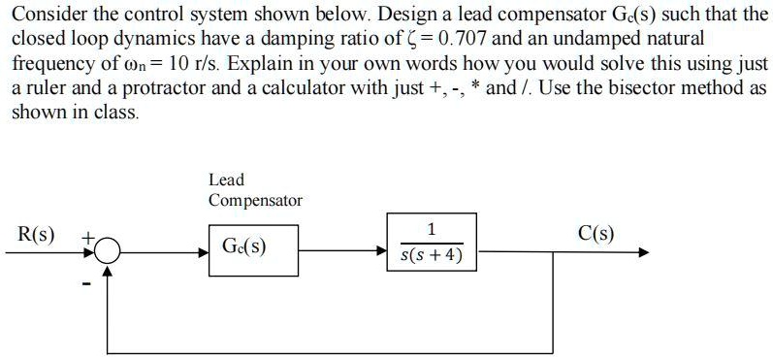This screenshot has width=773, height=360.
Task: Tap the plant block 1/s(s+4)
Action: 432,244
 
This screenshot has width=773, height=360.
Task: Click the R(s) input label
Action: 37,235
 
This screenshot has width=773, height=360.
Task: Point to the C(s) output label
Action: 595,234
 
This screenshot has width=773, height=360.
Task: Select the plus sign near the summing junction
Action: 86,236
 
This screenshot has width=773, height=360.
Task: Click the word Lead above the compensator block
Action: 226,180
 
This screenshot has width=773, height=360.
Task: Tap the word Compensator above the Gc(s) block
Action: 255,201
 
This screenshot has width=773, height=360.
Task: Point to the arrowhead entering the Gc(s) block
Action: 202,250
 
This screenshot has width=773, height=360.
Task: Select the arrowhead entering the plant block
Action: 382,249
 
